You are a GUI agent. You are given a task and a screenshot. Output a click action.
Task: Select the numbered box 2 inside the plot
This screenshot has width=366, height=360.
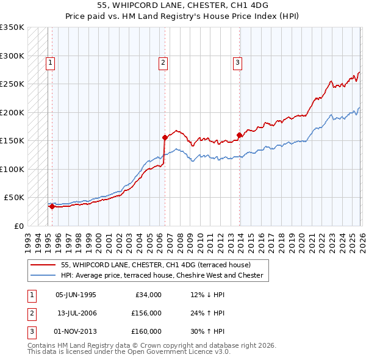[163, 62]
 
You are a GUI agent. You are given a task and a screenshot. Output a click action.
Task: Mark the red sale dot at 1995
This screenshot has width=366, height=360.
[52, 206]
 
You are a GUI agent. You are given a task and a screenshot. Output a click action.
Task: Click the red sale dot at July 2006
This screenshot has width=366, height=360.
[165, 137]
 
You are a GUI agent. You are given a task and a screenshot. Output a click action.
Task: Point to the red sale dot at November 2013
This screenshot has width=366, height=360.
[240, 135]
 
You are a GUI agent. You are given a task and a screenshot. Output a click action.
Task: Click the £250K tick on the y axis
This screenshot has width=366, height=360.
[13, 84]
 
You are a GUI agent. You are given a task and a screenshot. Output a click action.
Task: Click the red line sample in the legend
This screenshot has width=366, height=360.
[43, 265]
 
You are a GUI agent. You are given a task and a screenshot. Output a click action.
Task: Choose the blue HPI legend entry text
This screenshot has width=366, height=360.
[162, 275]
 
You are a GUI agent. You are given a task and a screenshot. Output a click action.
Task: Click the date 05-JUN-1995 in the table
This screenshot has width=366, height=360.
[76, 295]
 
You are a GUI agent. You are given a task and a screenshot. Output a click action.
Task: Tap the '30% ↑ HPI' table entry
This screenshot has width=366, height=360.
[207, 331]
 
